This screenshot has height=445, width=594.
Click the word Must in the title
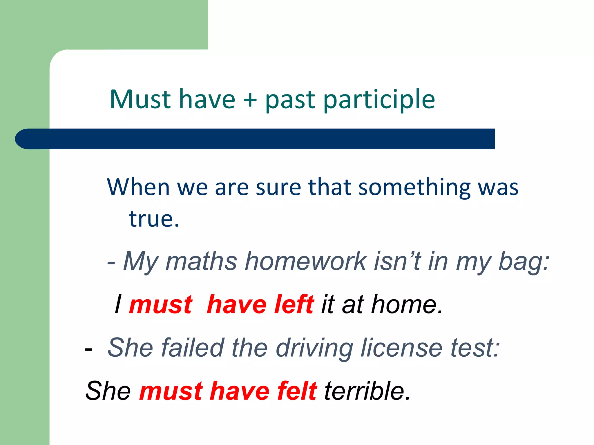pyautogui.click(x=140, y=99)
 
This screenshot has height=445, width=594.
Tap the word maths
pyautogui.click(x=202, y=261)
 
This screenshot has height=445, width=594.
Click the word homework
pyautogui.click(x=306, y=261)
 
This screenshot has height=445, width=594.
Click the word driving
pyautogui.click(x=314, y=348)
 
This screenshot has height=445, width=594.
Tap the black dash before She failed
pyautogui.click(x=88, y=349)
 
